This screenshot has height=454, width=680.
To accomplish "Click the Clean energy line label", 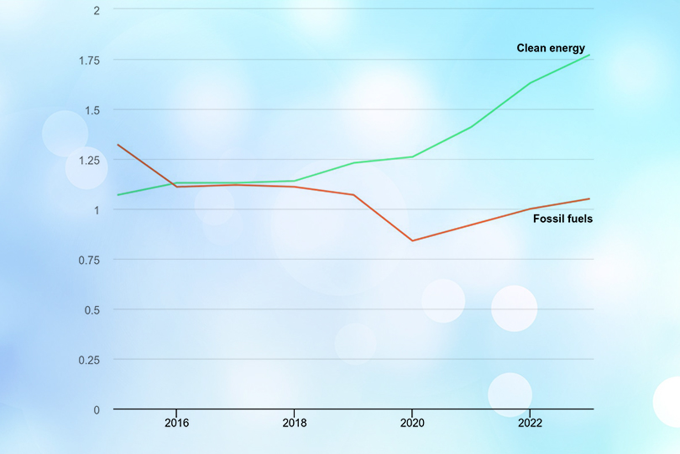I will pos(550,48).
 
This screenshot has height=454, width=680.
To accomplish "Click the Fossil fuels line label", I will pos(562,219).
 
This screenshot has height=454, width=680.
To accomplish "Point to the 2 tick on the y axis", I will pos(97,10).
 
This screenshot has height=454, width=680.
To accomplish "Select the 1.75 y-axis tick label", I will pos(88,61).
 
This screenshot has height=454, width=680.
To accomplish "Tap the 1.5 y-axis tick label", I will pos(91,110).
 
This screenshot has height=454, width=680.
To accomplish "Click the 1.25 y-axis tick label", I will pos(88,160).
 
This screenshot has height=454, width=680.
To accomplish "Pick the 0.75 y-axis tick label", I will pos(88,260).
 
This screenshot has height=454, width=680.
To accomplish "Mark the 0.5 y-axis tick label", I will pos(91,309).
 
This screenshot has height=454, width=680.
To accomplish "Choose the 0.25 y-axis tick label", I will pos(88,360).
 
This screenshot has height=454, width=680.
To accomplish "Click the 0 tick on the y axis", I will pos(97,409).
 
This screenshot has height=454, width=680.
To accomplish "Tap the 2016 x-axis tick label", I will pos(175,423).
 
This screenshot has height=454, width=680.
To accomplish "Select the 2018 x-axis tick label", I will pos(294,423).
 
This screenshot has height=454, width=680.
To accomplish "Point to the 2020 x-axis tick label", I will pos(412,423).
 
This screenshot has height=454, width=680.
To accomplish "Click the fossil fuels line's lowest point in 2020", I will pos(412,240).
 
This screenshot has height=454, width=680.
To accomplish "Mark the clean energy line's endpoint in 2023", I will pos(589,55).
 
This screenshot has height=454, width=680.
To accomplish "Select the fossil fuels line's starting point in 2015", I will pos(118,145).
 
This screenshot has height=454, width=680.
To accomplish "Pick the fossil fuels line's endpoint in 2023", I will pos(589,198).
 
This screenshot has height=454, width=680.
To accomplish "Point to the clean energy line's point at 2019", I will pos(353,162).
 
